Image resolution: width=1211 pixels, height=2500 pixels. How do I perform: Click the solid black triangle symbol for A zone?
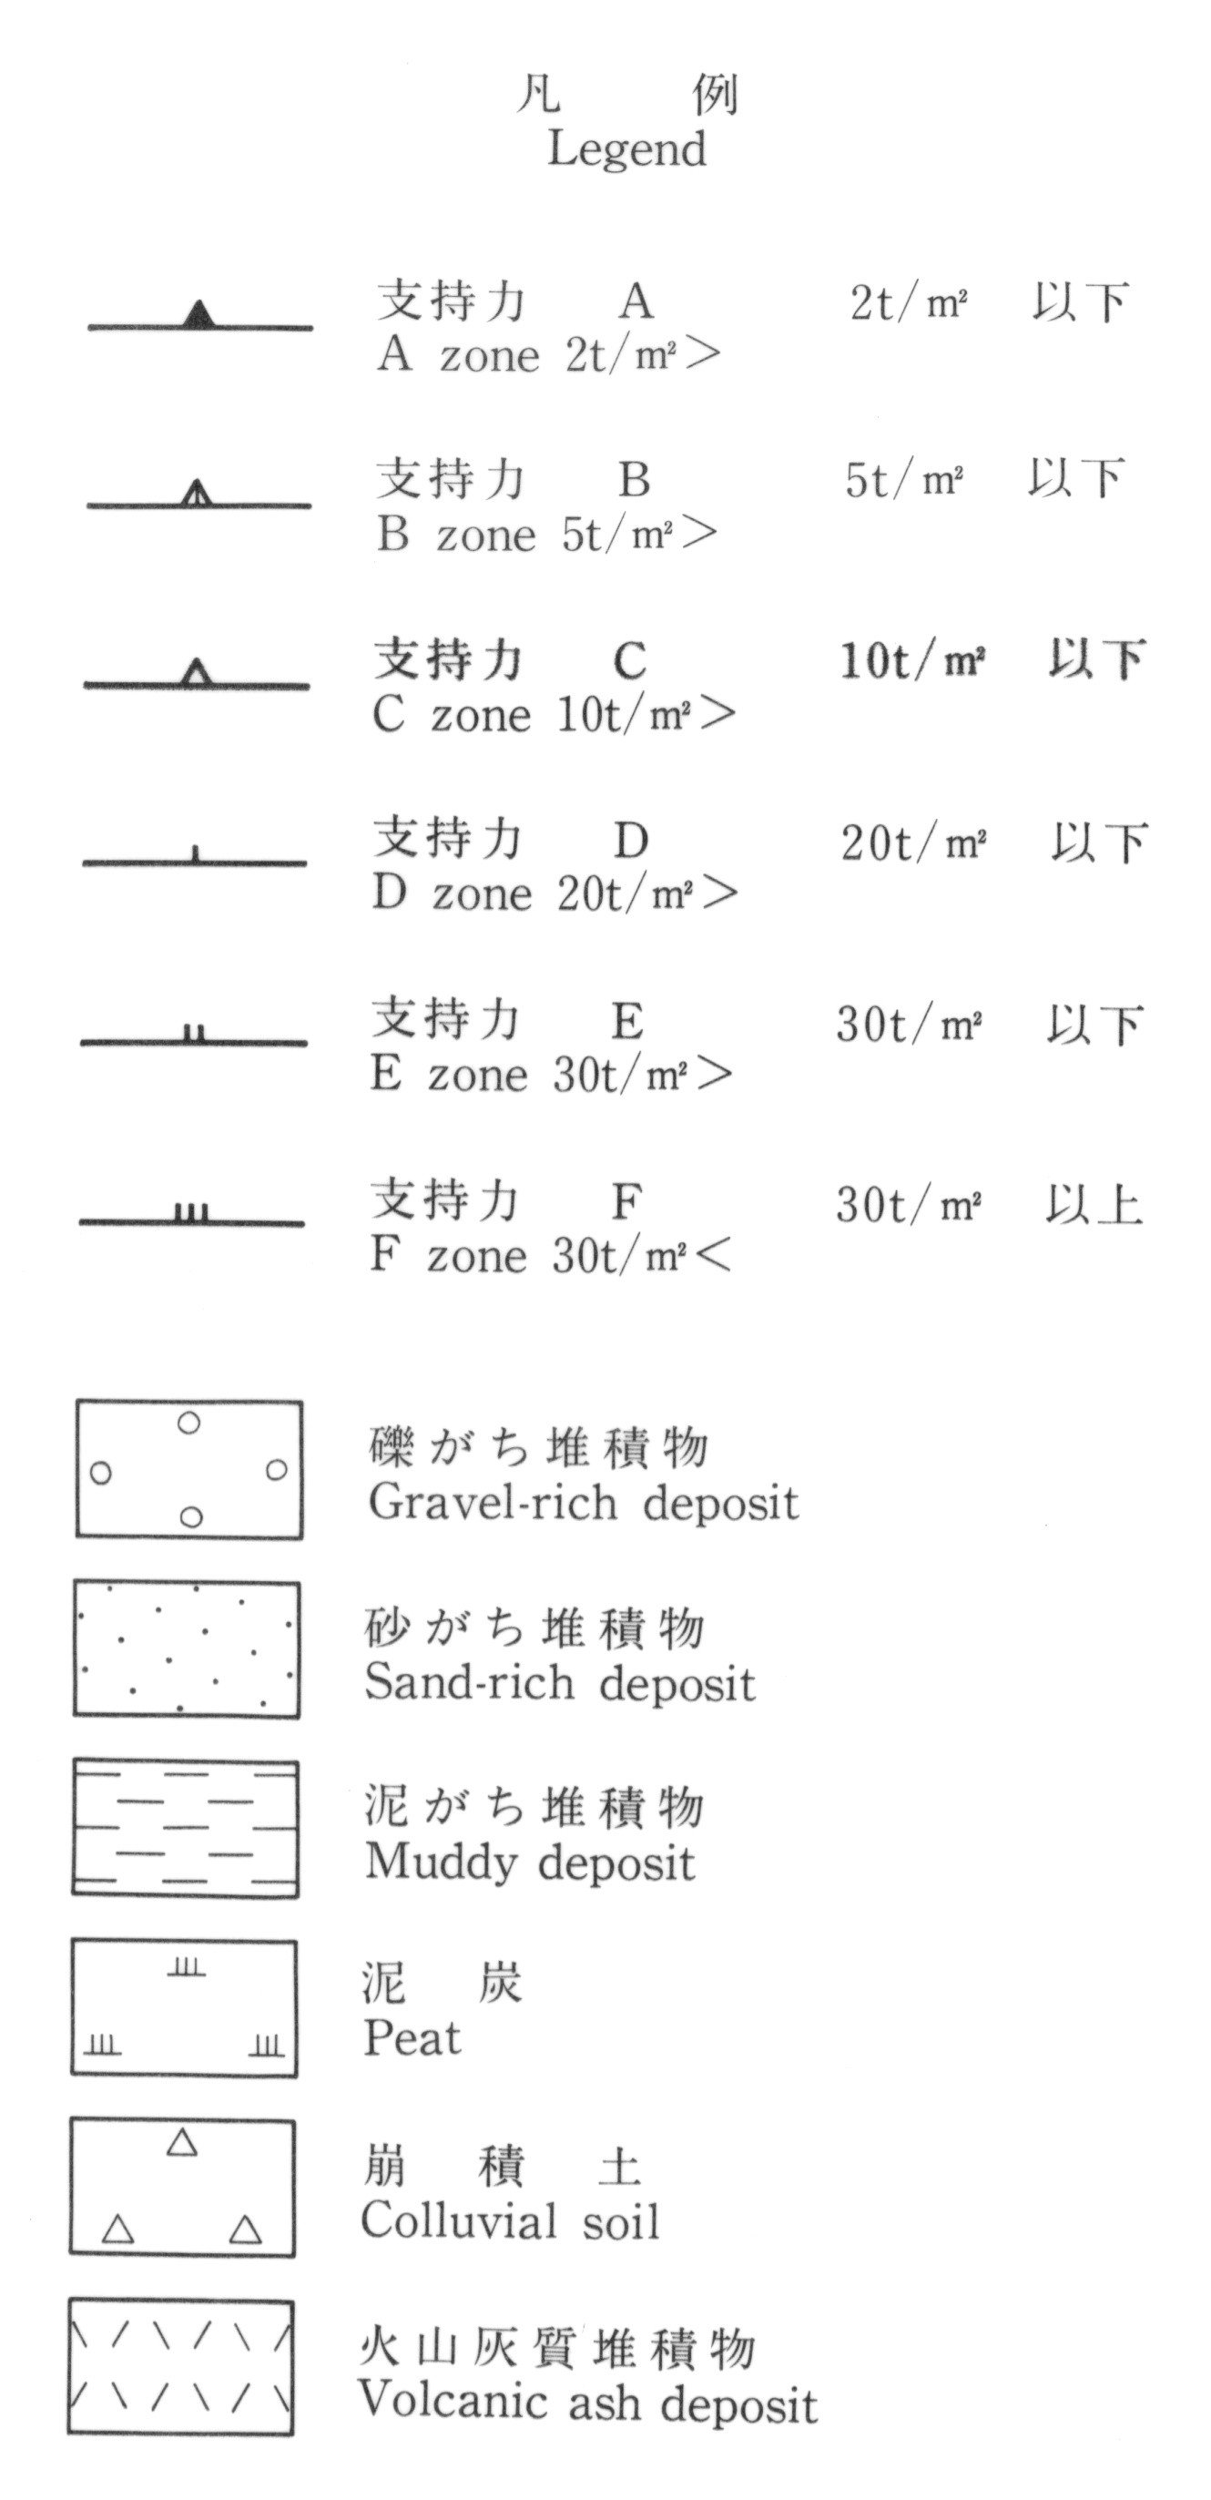(198, 315)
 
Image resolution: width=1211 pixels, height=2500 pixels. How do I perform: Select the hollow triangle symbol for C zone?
(196, 672)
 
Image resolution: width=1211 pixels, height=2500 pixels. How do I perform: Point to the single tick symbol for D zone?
(195, 854)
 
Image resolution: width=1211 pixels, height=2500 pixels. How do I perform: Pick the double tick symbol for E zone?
(194, 1033)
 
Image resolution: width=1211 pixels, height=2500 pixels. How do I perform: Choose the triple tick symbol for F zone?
(192, 1212)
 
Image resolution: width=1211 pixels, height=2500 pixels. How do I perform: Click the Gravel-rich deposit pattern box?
(189, 1469)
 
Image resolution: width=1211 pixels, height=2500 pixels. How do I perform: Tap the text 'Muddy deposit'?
(530, 1862)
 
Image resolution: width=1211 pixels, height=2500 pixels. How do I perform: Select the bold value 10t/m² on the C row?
(912, 662)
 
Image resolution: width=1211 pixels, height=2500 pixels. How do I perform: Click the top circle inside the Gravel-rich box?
(189, 1423)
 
